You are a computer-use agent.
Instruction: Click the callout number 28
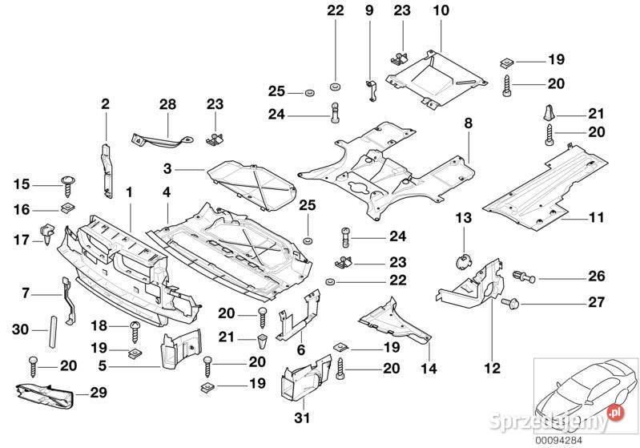coord(167,104)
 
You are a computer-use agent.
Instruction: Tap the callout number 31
coord(302,418)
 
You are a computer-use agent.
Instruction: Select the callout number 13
coord(463,218)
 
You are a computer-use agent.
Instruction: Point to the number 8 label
coord(468,123)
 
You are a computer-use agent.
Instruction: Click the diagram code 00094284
coord(559,440)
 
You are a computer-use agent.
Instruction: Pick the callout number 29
coord(99,393)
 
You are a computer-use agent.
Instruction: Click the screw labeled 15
coord(66,185)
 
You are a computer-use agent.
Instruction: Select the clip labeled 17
coord(47,233)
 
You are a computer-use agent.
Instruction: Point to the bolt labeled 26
coord(525,276)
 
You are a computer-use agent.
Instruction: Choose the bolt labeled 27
coord(510,303)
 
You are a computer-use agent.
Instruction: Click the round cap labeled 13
coord(462,261)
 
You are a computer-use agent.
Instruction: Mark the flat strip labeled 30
coord(53,331)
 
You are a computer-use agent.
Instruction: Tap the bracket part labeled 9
coord(371,91)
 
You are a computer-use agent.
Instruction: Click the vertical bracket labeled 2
coord(107,170)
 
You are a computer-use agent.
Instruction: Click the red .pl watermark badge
coord(615,413)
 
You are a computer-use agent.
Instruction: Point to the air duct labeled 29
coord(44,396)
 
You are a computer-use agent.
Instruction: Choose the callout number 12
coord(492,369)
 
